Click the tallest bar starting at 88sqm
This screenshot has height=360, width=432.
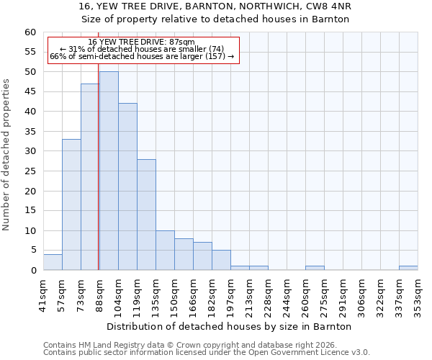click(x=109, y=171)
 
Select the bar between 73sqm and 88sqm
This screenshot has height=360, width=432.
click(x=90, y=177)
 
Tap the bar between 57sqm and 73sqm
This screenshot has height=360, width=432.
click(x=71, y=204)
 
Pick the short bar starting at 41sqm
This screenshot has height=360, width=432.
click(x=53, y=263)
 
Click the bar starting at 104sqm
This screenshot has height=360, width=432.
click(x=127, y=187)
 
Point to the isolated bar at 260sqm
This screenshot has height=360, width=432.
click(x=315, y=269)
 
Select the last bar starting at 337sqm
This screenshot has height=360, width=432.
click(x=408, y=269)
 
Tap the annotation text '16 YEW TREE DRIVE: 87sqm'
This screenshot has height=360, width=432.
click(x=141, y=42)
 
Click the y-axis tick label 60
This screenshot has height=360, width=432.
click(x=30, y=32)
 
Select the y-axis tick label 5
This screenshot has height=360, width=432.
click(x=33, y=251)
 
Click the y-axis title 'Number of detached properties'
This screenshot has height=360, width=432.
click(x=7, y=155)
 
